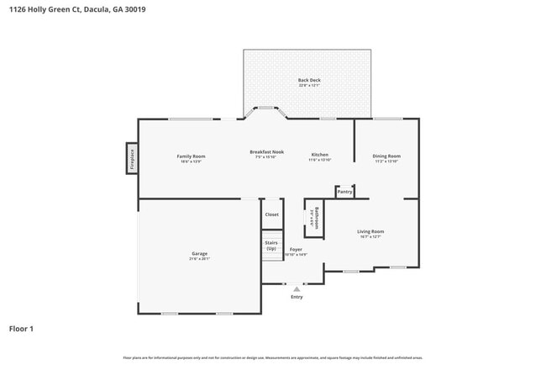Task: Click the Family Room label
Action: point(191,156)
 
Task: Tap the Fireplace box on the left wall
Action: point(132,157)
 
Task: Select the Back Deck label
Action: point(309,81)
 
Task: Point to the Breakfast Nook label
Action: point(266,152)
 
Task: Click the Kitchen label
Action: point(319,156)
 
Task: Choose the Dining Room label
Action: point(386,156)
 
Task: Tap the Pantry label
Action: point(344,192)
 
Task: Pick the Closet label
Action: point(271,214)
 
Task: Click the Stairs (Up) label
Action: point(271,246)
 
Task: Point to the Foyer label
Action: point(296,250)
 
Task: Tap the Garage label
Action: point(199,254)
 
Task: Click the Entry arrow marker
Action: point(297,288)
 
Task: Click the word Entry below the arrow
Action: point(297,297)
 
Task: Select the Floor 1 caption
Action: point(21,329)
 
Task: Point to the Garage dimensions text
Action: point(199,259)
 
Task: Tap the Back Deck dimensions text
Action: point(309,86)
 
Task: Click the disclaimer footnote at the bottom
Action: point(272,358)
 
